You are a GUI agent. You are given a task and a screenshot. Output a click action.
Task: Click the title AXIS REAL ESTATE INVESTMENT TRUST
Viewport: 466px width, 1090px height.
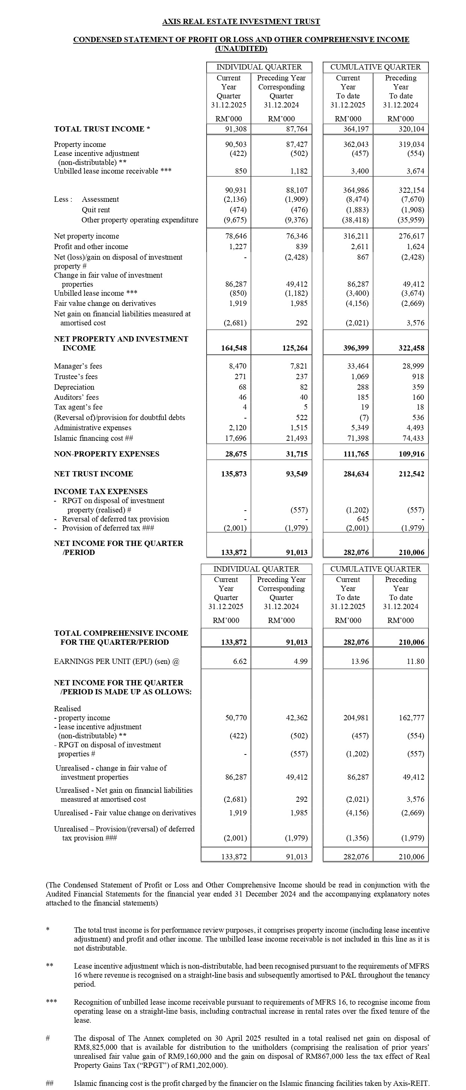tap(241, 21)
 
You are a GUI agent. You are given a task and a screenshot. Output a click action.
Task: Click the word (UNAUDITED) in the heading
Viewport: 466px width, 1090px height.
tap(241, 49)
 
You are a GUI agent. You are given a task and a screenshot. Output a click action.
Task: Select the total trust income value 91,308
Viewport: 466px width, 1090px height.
tap(235, 129)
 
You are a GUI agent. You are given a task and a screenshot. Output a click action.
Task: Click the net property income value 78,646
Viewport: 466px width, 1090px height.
tap(235, 236)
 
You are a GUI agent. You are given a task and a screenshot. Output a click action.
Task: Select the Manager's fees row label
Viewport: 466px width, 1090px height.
tap(78, 366)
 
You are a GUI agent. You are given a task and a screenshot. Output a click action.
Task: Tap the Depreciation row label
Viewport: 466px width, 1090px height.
tap(74, 387)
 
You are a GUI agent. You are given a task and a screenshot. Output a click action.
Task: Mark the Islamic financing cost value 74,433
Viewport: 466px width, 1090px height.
tap(413, 438)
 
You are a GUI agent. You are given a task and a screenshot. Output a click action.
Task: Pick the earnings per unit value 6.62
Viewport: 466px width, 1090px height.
tap(240, 661)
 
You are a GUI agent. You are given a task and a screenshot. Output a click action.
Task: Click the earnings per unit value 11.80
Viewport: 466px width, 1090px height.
tap(415, 661)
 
